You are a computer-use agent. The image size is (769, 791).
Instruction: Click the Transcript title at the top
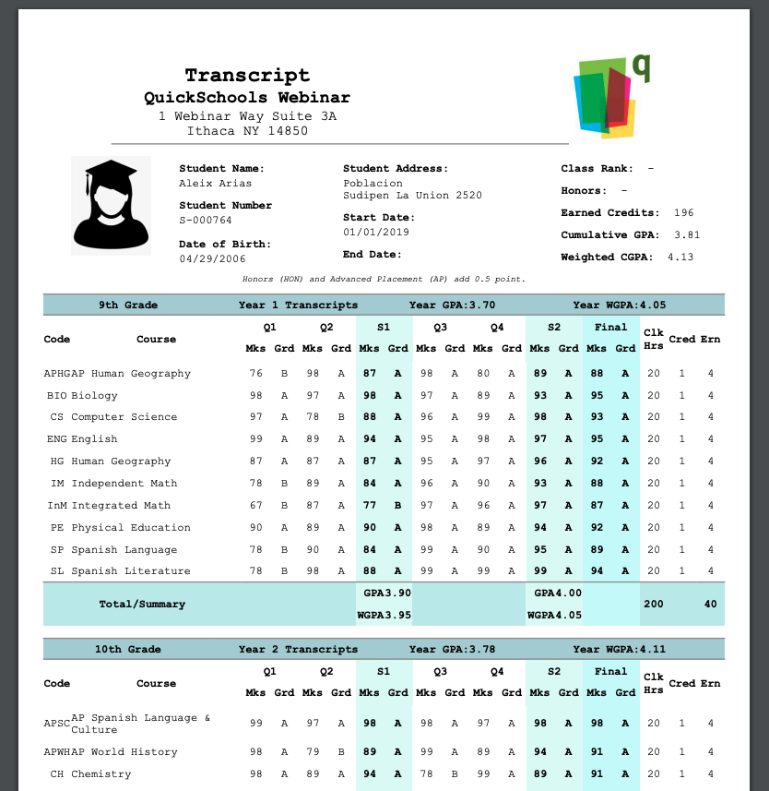(x=247, y=76)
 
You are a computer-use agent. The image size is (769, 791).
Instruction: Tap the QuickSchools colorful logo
(x=606, y=97)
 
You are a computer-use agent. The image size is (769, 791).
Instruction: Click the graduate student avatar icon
(x=111, y=205)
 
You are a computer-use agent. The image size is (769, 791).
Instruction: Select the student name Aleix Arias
(x=202, y=184)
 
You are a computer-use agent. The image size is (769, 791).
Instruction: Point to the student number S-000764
(x=206, y=221)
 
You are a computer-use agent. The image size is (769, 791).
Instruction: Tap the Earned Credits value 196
(x=683, y=213)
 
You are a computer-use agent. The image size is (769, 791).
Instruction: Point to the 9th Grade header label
(x=128, y=305)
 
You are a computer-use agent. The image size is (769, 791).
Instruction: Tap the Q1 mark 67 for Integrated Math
(x=255, y=506)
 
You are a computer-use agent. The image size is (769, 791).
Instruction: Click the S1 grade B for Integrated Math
(x=398, y=506)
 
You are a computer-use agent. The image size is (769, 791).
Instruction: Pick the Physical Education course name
(x=131, y=528)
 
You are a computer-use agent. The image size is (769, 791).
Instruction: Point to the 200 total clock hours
(x=653, y=604)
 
